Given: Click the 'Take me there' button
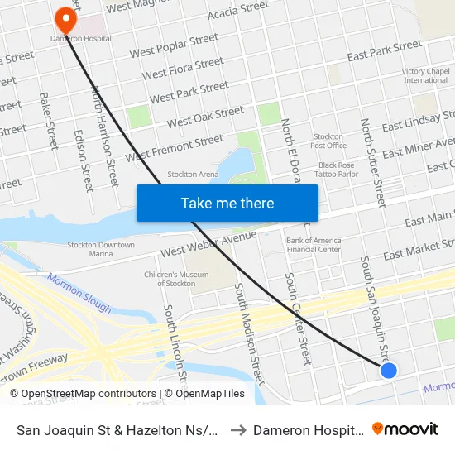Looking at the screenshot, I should tap(227, 203).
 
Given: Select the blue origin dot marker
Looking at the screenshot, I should tap(389, 371).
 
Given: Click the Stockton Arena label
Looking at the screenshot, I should tap(193, 175).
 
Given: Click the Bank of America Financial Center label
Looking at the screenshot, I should tap(313, 245).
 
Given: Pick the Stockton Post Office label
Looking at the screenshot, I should tap(328, 141).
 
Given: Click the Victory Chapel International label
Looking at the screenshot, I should tap(425, 76).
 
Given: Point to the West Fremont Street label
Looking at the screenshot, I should tap(175, 149).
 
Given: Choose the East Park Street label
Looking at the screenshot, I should tap(385, 51).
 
